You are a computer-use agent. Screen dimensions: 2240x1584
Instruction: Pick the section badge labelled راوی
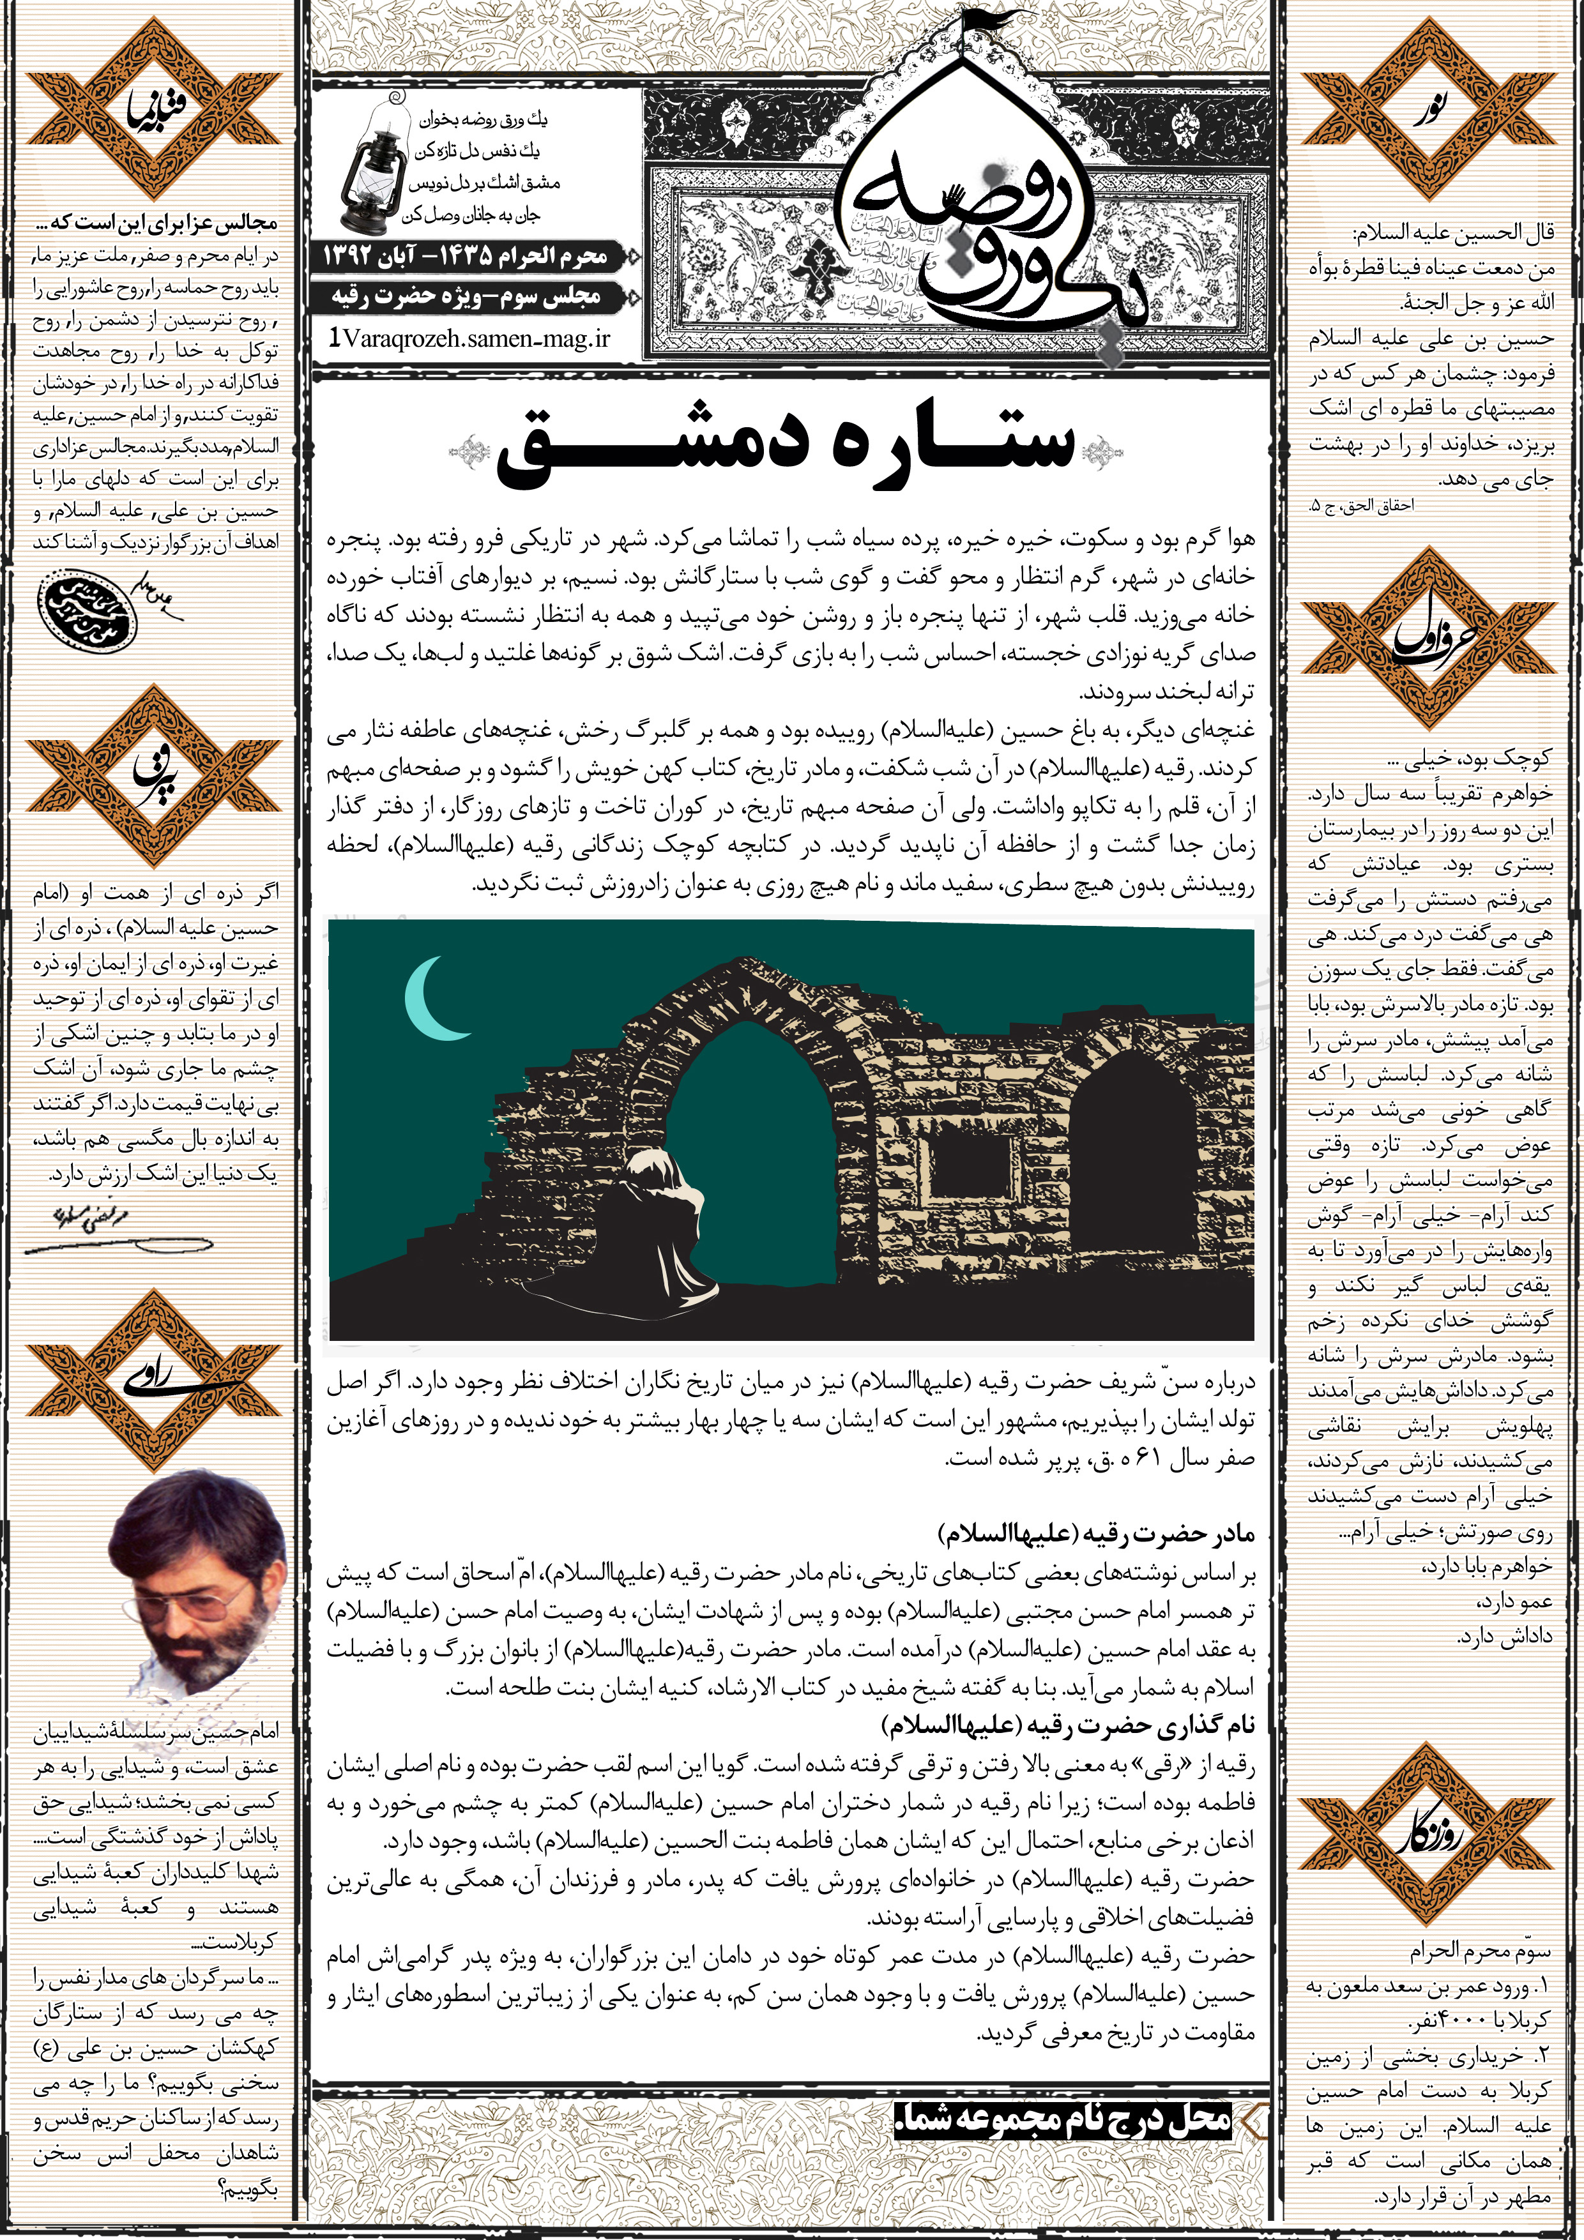[153, 1381]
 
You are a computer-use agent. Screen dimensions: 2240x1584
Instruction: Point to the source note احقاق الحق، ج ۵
[1360, 506]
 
